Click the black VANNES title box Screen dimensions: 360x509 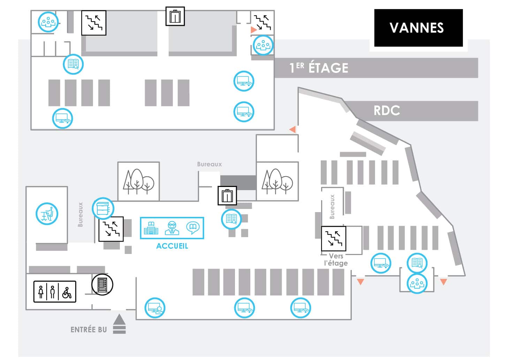click(418, 28)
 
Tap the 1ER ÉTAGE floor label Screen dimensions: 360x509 click(319, 68)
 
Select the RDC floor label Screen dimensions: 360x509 click(387, 111)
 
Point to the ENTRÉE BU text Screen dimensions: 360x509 click(89, 330)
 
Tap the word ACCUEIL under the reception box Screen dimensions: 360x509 click(172, 246)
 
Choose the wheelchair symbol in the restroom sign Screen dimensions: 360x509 click(67, 292)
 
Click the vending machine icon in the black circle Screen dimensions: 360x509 click(102, 284)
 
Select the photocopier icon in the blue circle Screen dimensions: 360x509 click(103, 208)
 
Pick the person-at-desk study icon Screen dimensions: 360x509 click(47, 213)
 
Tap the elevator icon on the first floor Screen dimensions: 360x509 click(175, 16)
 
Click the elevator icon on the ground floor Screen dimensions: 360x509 click(227, 195)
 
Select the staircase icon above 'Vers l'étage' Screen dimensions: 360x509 click(333, 239)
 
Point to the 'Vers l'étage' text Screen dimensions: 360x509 click(336, 260)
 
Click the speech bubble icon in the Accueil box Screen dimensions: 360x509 click(192, 228)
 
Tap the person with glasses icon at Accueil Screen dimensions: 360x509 click(172, 228)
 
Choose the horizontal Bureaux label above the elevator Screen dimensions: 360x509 click(209, 164)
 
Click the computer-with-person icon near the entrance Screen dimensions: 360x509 click(155, 308)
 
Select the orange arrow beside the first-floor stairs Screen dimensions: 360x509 click(253, 30)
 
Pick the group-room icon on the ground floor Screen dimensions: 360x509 click(417, 283)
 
